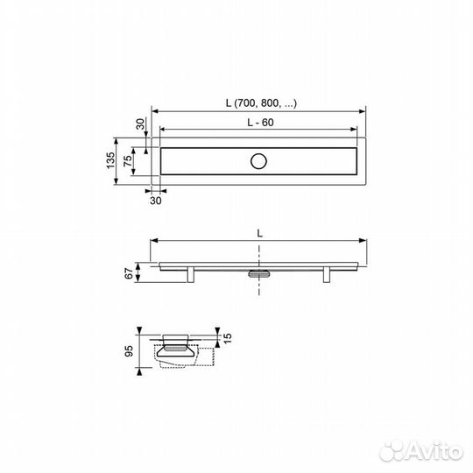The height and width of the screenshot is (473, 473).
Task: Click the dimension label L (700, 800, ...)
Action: [x=261, y=103]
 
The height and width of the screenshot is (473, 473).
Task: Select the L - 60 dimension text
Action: [x=260, y=123]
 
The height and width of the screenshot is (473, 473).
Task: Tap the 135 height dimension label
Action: [x=110, y=160]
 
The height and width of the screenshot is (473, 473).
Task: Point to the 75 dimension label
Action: [x=128, y=161]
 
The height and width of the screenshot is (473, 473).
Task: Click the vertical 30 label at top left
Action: [x=140, y=124]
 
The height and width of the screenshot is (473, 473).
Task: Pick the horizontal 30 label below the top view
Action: [x=156, y=201]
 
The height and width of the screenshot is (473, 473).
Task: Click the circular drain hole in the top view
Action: [x=258, y=161]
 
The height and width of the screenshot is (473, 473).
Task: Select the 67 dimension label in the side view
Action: [x=129, y=273]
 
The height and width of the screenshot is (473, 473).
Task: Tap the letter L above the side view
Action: [x=259, y=233]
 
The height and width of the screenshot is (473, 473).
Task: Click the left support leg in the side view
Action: [x=190, y=274]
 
